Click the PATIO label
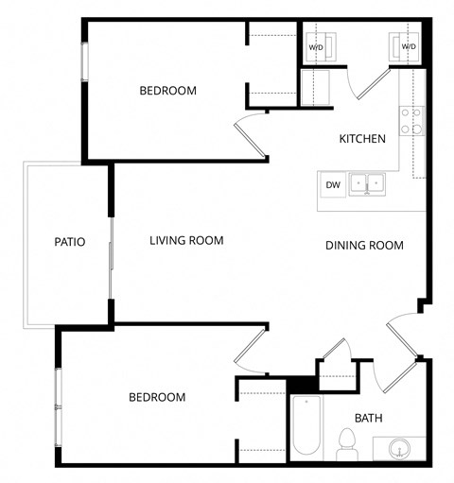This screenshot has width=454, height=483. pos(69,242)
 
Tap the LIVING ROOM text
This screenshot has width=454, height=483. pos(186,240)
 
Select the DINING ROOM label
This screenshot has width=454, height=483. pos(364,246)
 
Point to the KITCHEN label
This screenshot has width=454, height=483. pos(362,139)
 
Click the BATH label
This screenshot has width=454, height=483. pos(368,418)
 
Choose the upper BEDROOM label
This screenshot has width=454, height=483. pos(167,91)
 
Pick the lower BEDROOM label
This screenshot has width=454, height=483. pos(156,397)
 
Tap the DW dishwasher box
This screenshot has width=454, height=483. pos(333,184)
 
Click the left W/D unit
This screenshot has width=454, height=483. pos(315,45)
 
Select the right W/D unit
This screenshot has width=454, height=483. pos(409,45)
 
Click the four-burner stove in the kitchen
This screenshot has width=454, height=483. pos(411,120)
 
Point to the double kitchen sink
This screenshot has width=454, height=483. pos(365,182)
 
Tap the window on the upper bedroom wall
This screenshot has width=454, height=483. pos(84,62)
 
